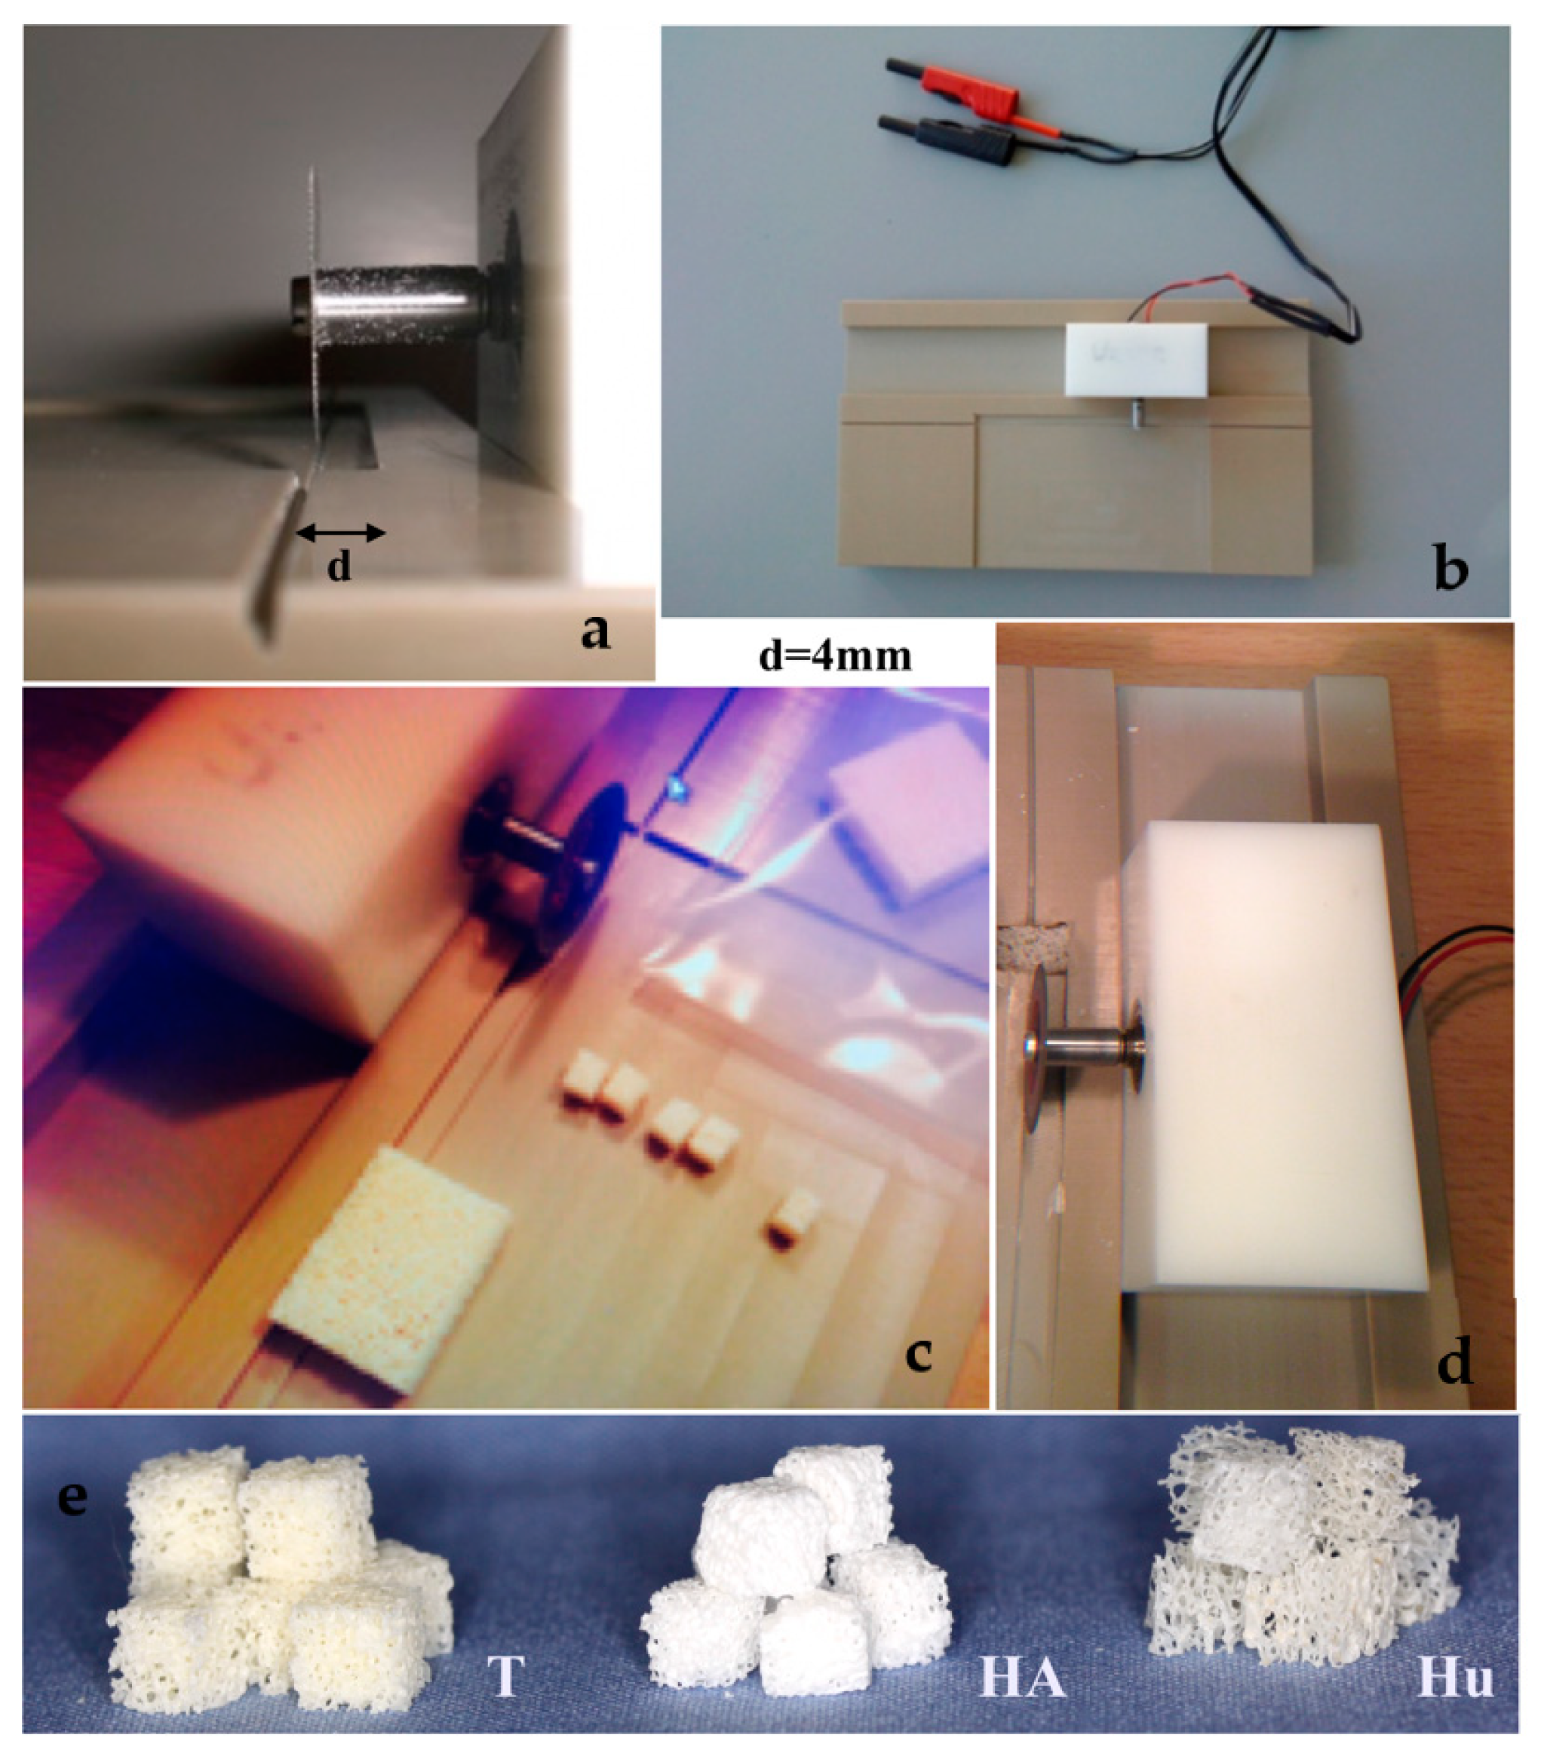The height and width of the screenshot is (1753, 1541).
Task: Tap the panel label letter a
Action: tap(594, 631)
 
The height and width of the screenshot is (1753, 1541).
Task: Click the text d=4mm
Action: tap(835, 656)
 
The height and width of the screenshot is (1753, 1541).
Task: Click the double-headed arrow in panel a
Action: tap(340, 533)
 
